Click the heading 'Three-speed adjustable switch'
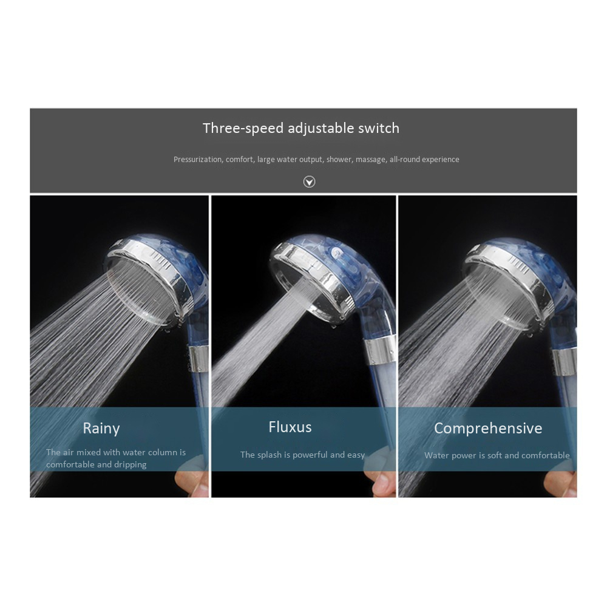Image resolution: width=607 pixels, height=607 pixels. pos(301,129)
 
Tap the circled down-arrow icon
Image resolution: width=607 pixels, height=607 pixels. pos(309,181)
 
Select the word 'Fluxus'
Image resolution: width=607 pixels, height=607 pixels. pos(290,427)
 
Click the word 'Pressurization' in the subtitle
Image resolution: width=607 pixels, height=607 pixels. pos(198,160)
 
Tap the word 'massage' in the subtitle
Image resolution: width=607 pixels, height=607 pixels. pos(371,160)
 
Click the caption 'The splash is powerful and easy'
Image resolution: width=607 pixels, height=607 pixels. pos(302,455)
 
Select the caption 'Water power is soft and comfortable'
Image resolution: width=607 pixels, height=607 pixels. pos(497,455)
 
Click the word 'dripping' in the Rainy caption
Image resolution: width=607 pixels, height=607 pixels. pos(132,464)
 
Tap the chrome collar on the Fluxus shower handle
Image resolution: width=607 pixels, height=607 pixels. pos(381,350)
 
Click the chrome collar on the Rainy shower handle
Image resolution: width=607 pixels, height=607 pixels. pos(199,359)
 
